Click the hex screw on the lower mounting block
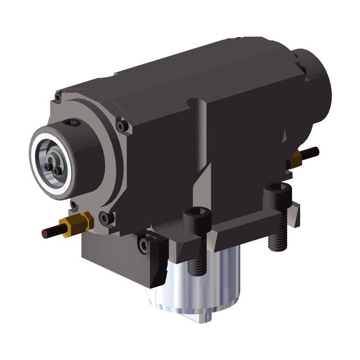point(144,245)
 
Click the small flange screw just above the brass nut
point(74,205)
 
